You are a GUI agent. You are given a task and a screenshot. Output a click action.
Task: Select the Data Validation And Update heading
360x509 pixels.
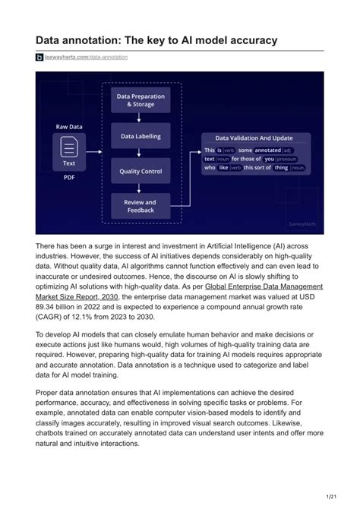point(254,139)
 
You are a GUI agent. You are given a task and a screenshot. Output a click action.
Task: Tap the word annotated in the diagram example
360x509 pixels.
point(268,150)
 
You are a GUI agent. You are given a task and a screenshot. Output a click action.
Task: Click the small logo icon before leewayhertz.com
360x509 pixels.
point(39,57)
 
